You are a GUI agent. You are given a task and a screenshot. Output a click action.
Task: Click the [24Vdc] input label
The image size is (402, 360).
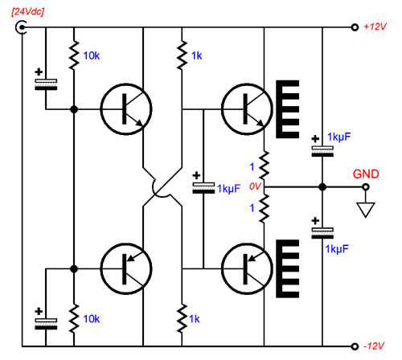pos(27,12)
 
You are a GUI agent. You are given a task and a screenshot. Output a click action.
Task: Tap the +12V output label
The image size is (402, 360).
pos(375,27)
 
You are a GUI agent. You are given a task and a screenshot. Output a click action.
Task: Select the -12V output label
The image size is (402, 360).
pos(374,346)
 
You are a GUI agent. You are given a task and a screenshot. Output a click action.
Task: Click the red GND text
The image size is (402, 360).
pos(366,174)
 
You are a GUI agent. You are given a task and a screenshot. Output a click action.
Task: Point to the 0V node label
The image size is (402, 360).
pos(255,186)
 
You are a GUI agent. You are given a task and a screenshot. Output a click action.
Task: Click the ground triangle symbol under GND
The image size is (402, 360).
pos(366,210)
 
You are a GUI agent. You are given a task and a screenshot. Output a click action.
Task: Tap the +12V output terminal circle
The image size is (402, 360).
pos(355,27)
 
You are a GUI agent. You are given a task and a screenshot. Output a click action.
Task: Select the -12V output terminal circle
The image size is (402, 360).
pos(355,346)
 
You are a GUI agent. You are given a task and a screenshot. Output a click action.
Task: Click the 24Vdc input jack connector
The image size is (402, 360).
pos(21,27)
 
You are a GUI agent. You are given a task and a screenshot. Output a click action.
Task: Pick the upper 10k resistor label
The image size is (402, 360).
pos(92,55)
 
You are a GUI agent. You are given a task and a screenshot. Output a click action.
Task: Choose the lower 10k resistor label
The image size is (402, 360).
pos(92,319)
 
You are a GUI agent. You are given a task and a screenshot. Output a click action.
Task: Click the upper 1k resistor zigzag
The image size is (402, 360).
pos(182,55)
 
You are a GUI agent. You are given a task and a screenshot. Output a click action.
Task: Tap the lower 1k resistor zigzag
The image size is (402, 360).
pos(182,318)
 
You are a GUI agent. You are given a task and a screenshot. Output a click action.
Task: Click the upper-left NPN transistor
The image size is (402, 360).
pos(126,109)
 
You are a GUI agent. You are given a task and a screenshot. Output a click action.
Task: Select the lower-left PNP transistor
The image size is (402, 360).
pos(126,268)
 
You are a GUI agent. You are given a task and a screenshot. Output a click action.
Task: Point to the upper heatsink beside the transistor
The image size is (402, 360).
pos(288,109)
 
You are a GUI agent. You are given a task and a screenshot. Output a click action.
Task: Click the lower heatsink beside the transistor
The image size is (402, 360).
pos(288,268)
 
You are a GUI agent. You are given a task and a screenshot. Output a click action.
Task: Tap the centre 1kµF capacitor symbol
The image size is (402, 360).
pos(203,188)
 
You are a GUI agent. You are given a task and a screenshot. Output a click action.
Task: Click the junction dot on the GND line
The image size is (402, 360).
pos(322,187)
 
